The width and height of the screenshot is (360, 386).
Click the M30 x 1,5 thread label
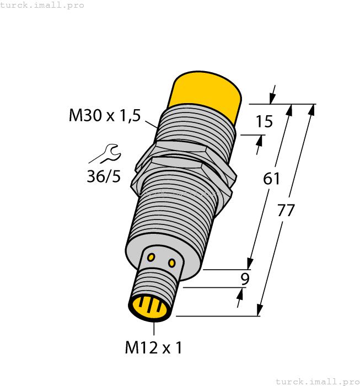pos(105,116)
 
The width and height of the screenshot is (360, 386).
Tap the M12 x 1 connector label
pos(153,347)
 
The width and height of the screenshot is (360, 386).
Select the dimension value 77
pos(287,211)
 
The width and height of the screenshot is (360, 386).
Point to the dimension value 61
pos(272,179)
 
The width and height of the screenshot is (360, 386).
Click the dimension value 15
pos(264,121)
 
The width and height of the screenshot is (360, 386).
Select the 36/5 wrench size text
pos(103,176)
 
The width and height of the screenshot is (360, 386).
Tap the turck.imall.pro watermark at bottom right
pos(317,381)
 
